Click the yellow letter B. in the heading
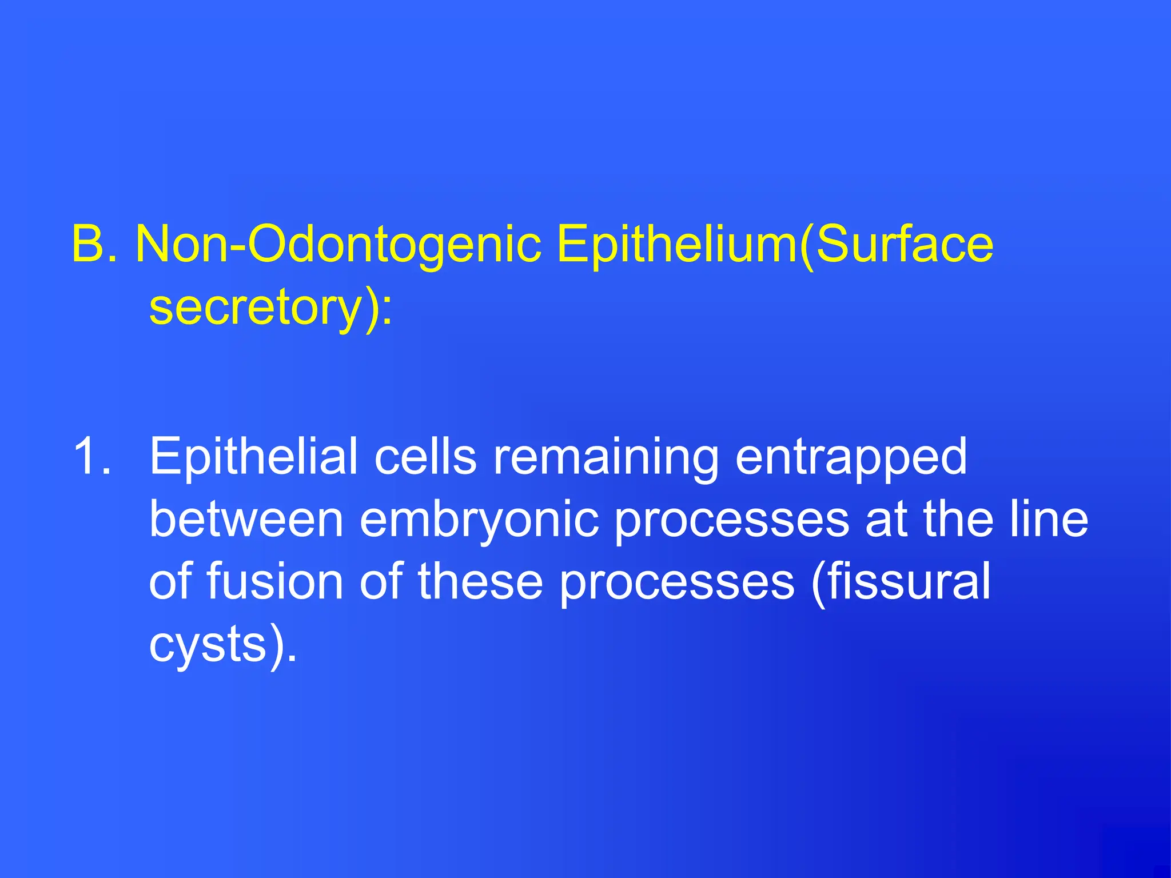click(x=94, y=245)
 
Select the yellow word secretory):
click(x=271, y=309)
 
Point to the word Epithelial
click(x=253, y=457)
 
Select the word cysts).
click(x=223, y=645)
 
